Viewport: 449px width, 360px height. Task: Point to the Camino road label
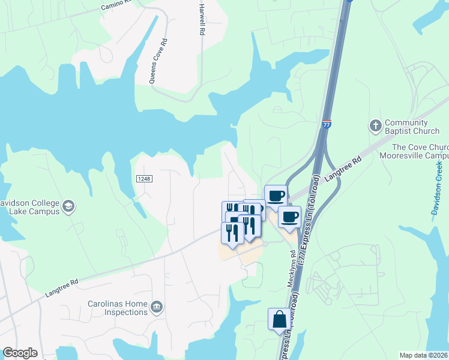click(115, 5)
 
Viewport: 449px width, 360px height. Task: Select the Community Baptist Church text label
click(412, 127)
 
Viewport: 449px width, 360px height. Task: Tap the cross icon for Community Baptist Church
click(376, 126)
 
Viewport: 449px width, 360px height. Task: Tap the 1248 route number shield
click(143, 179)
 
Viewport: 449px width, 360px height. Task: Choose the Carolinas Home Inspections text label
click(118, 308)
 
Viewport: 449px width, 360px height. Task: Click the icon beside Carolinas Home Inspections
click(157, 308)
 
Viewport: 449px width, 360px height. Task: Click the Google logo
click(20, 353)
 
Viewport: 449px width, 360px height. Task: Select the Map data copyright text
click(424, 355)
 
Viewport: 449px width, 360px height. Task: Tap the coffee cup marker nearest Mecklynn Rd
click(289, 217)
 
